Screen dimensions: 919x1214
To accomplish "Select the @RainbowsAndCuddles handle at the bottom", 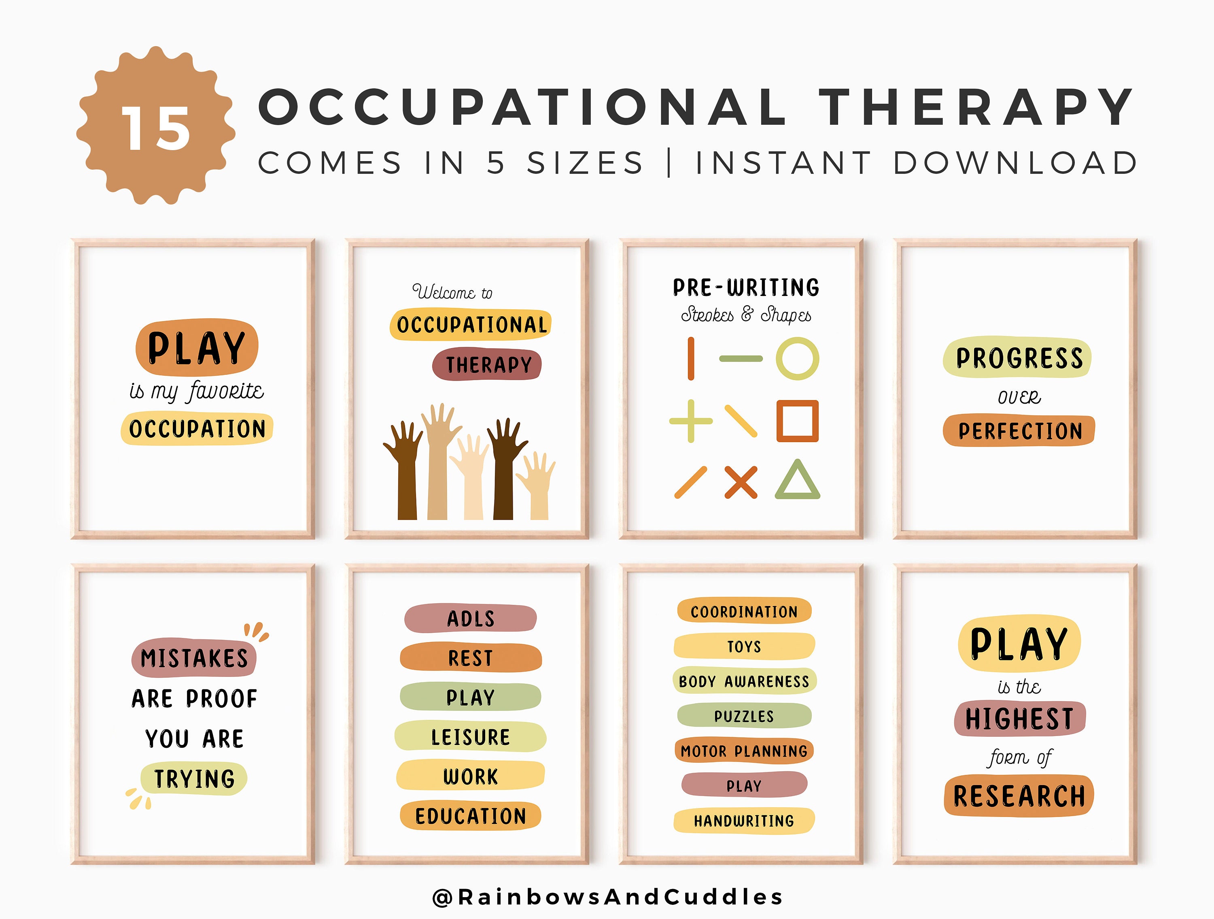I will point(607,896).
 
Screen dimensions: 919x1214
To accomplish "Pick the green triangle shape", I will point(798,481).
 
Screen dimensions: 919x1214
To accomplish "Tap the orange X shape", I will point(741,482).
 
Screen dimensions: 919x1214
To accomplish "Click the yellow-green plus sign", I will point(690,421).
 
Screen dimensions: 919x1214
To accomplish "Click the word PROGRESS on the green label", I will point(1019,358).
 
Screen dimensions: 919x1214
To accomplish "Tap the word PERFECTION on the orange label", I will point(1020,431).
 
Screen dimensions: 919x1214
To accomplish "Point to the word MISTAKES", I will point(194,658).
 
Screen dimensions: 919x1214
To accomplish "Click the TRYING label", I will point(194,779).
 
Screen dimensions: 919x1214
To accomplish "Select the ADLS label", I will point(470,618).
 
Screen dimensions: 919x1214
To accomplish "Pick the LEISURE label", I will point(470,737).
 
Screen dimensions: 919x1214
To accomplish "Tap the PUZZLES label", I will point(744,716).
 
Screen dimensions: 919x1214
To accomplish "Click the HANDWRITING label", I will point(744,821).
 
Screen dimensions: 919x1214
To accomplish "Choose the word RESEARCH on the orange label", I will point(1019,796).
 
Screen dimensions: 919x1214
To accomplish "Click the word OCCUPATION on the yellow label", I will point(197,429).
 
